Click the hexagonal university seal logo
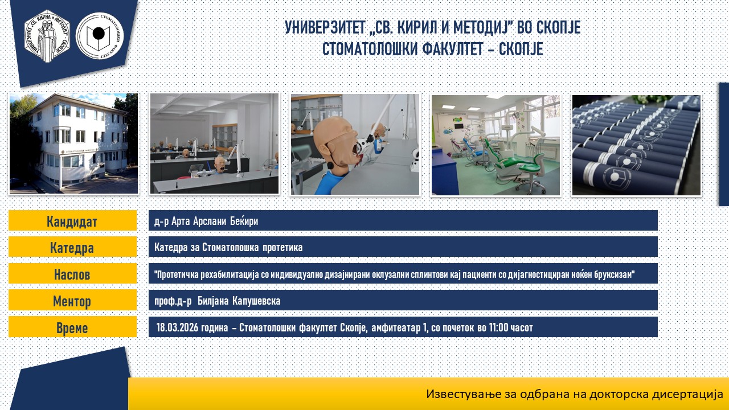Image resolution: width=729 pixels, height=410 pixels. tap(47, 36)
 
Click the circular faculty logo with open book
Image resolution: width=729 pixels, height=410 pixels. tap(100, 36)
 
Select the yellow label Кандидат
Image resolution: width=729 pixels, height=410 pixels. tap(72, 220)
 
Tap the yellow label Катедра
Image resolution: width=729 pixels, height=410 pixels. tap(72, 247)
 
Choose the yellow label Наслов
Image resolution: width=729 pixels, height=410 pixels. tap(72, 274)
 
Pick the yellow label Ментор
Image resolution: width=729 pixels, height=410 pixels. tap(72, 300)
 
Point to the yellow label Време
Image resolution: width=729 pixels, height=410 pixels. tap(72, 327)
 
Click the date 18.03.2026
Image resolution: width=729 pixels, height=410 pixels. tap(177, 327)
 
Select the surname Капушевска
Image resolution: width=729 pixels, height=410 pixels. tap(256, 301)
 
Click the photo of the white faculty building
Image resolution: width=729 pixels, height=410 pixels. tap(73, 143)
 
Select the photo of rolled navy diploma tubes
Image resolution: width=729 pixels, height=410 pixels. tap(636, 145)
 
